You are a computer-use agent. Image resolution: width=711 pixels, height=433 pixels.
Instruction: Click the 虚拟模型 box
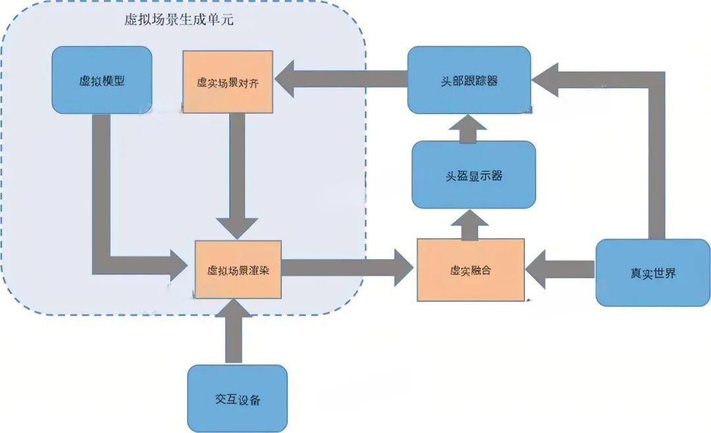pyautogui.click(x=102, y=80)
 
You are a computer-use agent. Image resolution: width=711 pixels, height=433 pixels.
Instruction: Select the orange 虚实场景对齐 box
pyautogui.click(x=227, y=81)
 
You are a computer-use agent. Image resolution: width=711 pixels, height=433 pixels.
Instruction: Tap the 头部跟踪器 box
pyautogui.click(x=469, y=80)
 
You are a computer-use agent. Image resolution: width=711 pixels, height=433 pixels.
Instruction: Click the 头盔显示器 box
pyautogui.click(x=473, y=175)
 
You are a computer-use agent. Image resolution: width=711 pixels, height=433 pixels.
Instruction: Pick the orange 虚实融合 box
pyautogui.click(x=471, y=270)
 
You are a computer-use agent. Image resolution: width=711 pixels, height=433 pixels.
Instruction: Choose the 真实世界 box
pyautogui.click(x=652, y=272)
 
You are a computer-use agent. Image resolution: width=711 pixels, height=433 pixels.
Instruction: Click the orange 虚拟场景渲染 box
pyautogui.click(x=238, y=268)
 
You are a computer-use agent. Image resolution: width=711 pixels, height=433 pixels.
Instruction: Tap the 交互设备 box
pyautogui.click(x=238, y=398)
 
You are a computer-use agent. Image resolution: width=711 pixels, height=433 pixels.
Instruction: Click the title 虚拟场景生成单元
pyautogui.click(x=179, y=19)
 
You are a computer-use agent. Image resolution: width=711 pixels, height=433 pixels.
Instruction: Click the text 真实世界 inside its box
pyautogui.click(x=652, y=273)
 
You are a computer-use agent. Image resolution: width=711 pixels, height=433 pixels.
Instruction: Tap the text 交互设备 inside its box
pyautogui.click(x=238, y=399)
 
